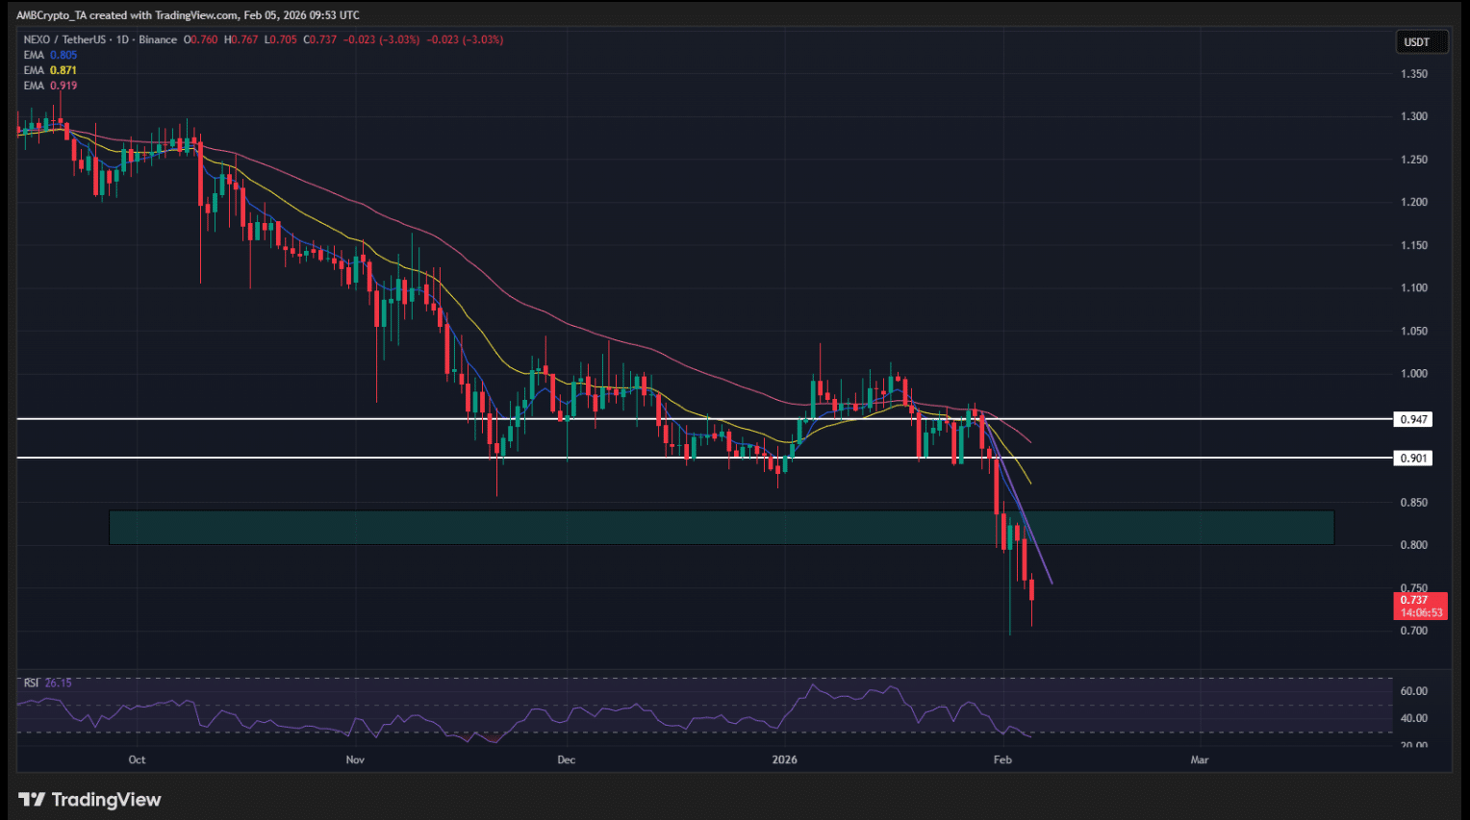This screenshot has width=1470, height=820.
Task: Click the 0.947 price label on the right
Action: tap(1413, 419)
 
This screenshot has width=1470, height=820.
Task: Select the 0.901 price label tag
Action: tap(1413, 459)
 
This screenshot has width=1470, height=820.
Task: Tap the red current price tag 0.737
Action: tap(1419, 606)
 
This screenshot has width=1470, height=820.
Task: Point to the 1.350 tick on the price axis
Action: tap(1414, 74)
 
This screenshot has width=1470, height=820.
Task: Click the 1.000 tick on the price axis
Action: tap(1414, 374)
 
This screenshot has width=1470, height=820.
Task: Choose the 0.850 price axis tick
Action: tap(1414, 503)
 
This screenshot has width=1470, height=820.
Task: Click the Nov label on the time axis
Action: tap(355, 759)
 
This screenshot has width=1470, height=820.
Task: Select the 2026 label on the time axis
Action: tap(785, 759)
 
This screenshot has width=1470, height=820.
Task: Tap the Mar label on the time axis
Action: tap(1200, 759)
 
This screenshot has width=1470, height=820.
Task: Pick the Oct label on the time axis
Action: tap(138, 759)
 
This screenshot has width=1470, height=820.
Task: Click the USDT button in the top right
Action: tap(1417, 42)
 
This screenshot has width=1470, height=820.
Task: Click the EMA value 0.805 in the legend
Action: tap(63, 55)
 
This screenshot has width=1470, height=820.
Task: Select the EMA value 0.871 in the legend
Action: tap(63, 70)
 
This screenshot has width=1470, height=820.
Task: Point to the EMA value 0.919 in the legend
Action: tap(63, 86)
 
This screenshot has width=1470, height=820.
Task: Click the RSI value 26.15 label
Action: tap(58, 683)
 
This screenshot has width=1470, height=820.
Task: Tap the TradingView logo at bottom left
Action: tap(90, 800)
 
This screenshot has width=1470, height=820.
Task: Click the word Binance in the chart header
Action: tap(158, 39)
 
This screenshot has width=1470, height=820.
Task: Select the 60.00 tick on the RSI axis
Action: tap(1414, 691)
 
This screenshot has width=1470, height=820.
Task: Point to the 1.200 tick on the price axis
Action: tap(1414, 203)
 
